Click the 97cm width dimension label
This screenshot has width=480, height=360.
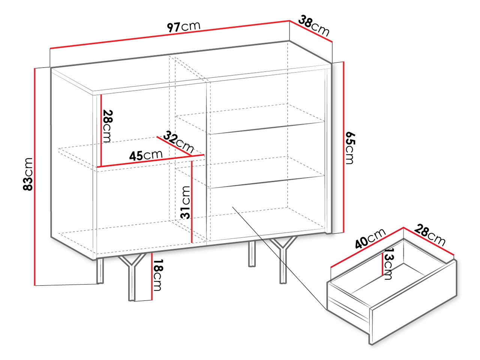[x=183, y=27]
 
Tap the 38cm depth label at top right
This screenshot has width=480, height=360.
[x=314, y=25]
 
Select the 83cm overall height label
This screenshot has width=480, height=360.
[x=28, y=174]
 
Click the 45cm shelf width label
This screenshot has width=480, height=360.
[x=146, y=155]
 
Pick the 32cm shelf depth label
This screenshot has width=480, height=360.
[x=178, y=142]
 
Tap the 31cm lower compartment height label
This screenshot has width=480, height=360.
[x=185, y=202]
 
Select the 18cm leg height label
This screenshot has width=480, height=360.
[x=158, y=275]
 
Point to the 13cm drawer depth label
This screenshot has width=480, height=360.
[x=388, y=264]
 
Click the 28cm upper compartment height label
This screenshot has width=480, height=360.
[x=107, y=126]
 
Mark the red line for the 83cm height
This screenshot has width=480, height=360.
[x=34, y=177]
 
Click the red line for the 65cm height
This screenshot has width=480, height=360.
[x=343, y=147]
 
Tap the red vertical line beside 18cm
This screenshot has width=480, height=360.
[x=151, y=276]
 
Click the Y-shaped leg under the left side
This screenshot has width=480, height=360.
[x=131, y=277]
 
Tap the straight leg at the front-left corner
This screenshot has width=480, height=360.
[x=100, y=271]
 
